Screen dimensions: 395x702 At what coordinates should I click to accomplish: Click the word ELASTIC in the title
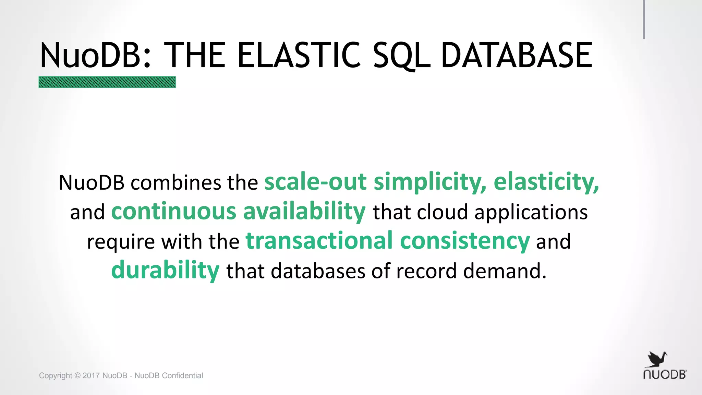pos(298,55)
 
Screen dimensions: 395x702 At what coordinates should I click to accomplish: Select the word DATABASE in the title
pos(517,55)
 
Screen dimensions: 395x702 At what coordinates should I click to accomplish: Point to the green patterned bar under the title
pos(107,82)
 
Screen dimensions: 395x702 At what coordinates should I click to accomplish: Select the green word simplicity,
pos(430,182)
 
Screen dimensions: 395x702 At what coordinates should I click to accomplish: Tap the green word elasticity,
pos(546,182)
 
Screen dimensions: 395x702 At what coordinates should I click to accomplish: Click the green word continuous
pos(174,212)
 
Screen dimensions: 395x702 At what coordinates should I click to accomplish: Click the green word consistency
pos(465,241)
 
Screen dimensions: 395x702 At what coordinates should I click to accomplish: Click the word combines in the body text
pos(175,182)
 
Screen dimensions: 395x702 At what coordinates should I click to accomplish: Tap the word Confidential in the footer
pos(182,375)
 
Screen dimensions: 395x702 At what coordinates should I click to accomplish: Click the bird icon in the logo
pos(657,360)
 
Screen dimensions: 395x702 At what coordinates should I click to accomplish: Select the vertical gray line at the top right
pos(644,20)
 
